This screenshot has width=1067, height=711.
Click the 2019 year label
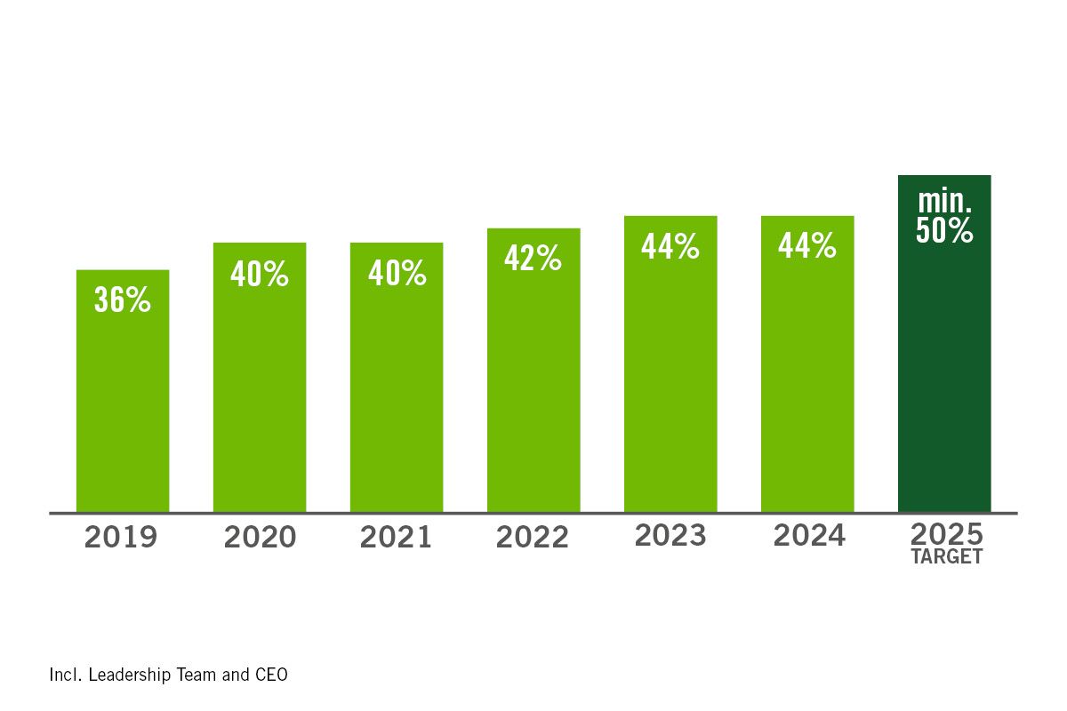[121, 538]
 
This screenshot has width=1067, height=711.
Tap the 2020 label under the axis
[260, 538]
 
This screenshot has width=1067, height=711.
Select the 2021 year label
[396, 538]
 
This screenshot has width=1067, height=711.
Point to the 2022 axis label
[533, 538]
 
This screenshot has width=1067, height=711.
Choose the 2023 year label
[670, 535]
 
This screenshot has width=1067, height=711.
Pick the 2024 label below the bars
[808, 535]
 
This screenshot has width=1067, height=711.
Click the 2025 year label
[946, 534]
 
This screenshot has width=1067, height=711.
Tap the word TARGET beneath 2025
[946, 557]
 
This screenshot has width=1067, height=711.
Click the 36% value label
[123, 300]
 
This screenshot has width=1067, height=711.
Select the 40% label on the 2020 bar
[260, 275]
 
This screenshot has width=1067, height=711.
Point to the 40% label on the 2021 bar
[397, 275]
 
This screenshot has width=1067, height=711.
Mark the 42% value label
[533, 259]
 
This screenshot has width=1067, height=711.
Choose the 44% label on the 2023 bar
[670, 246]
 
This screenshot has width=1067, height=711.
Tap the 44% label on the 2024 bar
[807, 246]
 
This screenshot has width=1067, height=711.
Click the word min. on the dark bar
[945, 202]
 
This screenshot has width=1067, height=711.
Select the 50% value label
[944, 230]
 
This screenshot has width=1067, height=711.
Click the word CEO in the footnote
[270, 675]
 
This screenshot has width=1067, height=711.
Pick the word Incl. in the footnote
[65, 675]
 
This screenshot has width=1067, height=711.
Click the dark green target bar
[944, 373]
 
